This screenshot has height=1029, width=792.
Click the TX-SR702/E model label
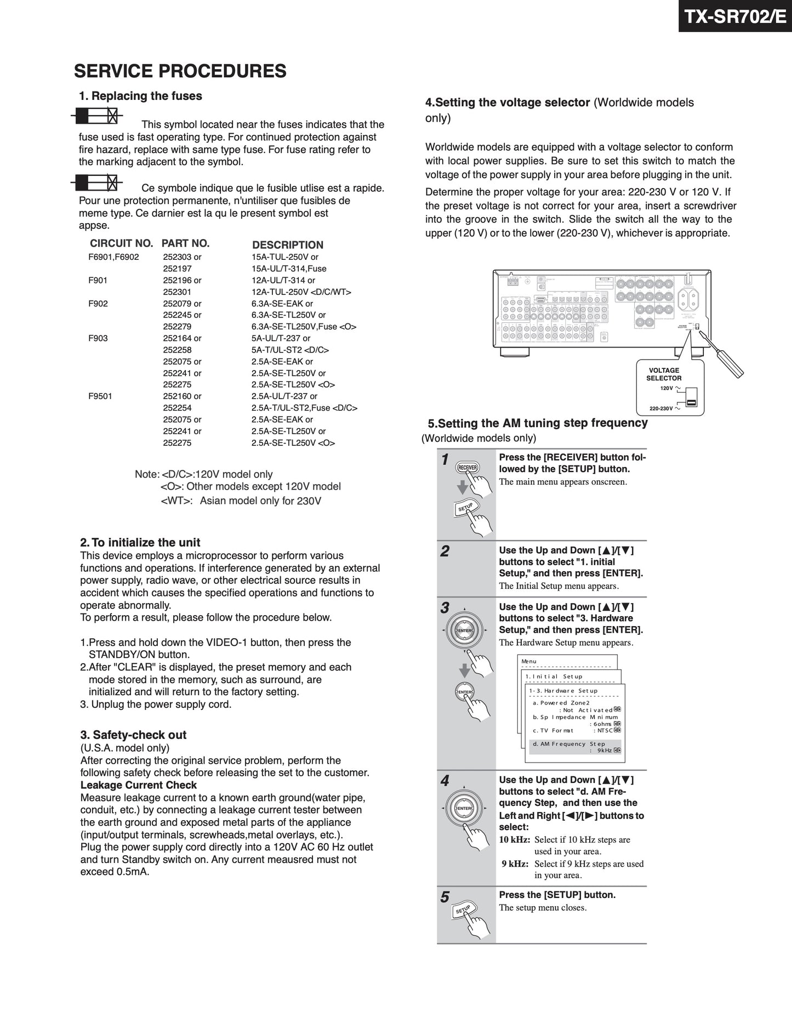pyautogui.click(x=734, y=16)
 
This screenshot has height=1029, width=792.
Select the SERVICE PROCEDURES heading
pyautogui.click(x=180, y=71)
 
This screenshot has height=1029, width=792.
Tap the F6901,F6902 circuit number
pyautogui.click(x=113, y=257)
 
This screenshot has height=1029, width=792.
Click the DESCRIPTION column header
pyautogui.click(x=287, y=245)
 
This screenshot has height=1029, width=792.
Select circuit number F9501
pyautogui.click(x=100, y=396)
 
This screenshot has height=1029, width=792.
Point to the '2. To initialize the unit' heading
pyautogui.click(x=140, y=542)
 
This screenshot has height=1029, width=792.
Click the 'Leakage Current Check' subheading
pyautogui.click(x=139, y=785)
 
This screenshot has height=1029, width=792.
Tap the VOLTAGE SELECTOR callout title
pyautogui.click(x=664, y=374)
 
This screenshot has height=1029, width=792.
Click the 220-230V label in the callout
pyautogui.click(x=661, y=408)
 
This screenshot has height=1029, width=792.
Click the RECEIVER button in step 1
pyautogui.click(x=468, y=468)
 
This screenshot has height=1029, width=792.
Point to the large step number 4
pyautogui.click(x=445, y=781)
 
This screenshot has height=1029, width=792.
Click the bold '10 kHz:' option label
pyautogui.click(x=515, y=839)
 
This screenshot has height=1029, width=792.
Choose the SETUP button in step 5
pyautogui.click(x=464, y=909)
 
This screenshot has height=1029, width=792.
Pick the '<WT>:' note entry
pyautogui.click(x=176, y=501)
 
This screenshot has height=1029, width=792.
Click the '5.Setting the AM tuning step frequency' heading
pyautogui.click(x=537, y=423)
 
